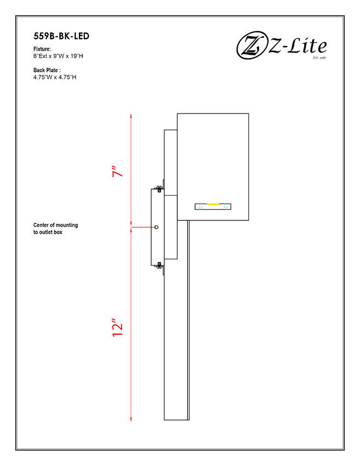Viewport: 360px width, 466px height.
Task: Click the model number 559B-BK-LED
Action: click(x=61, y=36)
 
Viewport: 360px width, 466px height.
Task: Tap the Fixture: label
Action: click(x=42, y=49)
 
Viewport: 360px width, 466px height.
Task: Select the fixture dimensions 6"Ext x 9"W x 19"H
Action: click(x=58, y=56)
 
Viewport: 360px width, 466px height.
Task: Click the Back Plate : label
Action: click(x=47, y=70)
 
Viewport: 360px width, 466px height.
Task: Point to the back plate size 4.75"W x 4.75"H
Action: click(x=55, y=77)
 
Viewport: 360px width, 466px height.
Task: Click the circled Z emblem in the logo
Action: click(x=251, y=45)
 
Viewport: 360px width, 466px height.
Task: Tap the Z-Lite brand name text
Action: click(x=298, y=46)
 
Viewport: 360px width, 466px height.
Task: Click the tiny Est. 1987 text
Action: click(x=319, y=58)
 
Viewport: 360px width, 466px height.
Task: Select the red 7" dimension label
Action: click(x=118, y=172)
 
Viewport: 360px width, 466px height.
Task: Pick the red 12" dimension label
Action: click(x=118, y=327)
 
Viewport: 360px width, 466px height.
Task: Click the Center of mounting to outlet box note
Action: click(x=55, y=229)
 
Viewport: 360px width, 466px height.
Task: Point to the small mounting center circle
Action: click(x=157, y=227)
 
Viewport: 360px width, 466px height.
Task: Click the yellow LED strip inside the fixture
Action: click(x=213, y=204)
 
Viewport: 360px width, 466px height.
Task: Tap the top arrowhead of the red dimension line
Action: click(x=131, y=116)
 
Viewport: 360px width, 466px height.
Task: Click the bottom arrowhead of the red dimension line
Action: click(x=131, y=418)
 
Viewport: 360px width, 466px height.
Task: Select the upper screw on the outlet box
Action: click(x=159, y=189)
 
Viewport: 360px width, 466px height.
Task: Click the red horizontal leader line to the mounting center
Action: click(x=143, y=227)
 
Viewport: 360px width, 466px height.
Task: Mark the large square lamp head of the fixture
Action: click(x=213, y=167)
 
